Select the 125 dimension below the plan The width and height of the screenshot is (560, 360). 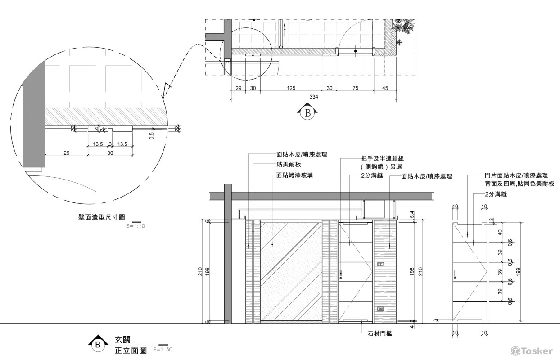(291, 88)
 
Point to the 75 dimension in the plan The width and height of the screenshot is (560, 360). (355, 88)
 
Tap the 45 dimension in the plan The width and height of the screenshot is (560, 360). (385, 88)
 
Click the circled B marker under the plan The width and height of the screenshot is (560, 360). (308, 113)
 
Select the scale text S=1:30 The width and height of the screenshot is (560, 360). (163, 349)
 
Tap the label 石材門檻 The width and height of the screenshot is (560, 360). (377, 333)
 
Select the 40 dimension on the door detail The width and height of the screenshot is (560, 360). (500, 233)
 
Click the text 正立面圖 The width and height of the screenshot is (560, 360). (131, 350)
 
